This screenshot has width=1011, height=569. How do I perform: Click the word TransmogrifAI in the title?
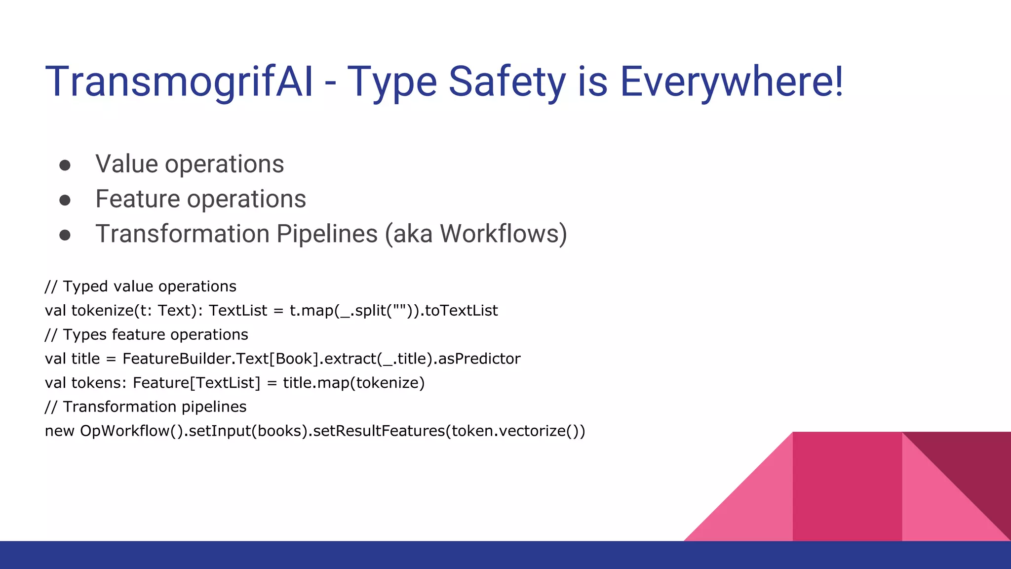179,81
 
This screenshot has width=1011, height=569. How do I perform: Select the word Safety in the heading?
506,81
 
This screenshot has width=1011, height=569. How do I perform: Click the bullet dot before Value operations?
65,165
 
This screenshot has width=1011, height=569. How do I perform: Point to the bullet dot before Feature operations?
65,200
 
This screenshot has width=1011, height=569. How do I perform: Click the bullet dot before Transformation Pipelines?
65,235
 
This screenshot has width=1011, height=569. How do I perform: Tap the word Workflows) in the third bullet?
503,234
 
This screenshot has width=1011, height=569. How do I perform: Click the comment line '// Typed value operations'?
140,286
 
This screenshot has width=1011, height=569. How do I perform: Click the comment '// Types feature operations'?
146,335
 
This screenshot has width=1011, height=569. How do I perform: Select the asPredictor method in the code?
479,359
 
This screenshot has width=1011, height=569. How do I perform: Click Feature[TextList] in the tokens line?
196,383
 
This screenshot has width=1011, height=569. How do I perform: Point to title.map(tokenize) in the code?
353,383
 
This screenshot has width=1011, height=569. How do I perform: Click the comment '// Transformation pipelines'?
145,407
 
